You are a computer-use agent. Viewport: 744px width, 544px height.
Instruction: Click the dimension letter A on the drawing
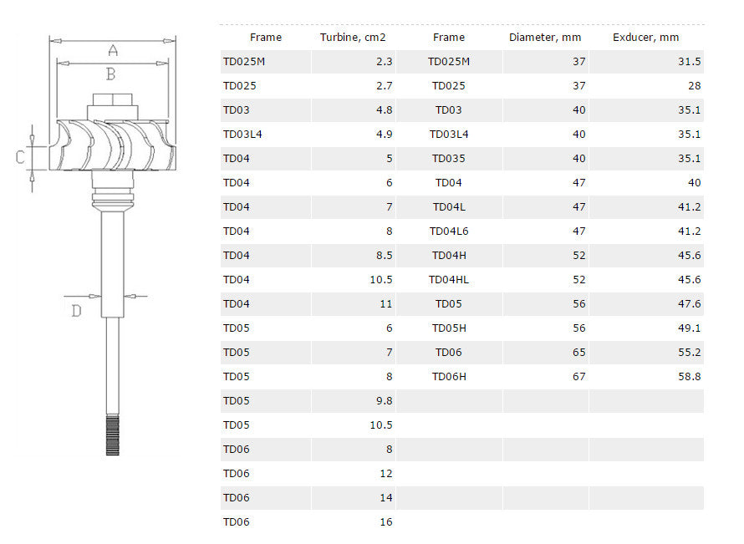[x=113, y=50]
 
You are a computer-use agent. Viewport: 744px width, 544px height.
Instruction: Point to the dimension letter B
[x=110, y=74]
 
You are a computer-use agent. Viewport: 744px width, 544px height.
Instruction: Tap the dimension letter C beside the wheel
[x=20, y=157]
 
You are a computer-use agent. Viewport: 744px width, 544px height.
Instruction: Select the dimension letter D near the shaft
[x=76, y=311]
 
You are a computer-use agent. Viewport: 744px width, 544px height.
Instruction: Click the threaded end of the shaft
[x=113, y=435]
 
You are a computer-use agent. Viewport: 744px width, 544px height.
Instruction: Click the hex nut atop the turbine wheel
[x=113, y=99]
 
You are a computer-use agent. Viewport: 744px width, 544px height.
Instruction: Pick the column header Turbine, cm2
[x=353, y=38]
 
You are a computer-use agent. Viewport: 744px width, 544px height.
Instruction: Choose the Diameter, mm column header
[x=545, y=38]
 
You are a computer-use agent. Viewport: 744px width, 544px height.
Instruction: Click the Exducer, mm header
[x=645, y=38]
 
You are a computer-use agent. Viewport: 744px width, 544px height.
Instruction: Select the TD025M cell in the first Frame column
[x=244, y=62]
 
